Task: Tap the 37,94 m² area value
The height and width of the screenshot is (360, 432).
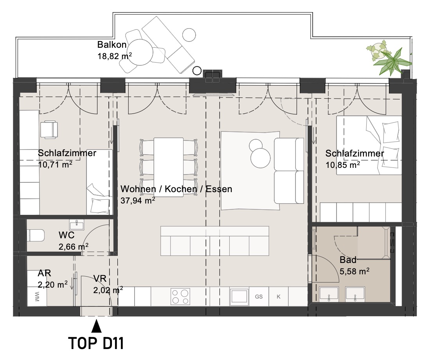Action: click(x=138, y=200)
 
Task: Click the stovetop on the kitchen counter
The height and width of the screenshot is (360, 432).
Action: click(x=180, y=296)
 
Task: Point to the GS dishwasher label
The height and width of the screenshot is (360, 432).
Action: click(x=259, y=297)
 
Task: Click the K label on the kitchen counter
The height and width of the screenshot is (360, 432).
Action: click(x=279, y=297)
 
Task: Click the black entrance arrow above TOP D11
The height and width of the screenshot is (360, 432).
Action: click(x=96, y=326)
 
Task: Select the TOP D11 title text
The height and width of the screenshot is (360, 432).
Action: click(x=96, y=343)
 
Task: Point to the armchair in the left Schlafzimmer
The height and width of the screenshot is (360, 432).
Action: click(x=49, y=129)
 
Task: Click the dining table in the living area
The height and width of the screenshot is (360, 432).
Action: click(x=169, y=167)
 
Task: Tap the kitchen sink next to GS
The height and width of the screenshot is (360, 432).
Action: click(x=239, y=296)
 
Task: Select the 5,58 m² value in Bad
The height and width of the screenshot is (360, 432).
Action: click(x=354, y=271)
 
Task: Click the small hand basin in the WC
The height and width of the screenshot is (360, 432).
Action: click(x=77, y=225)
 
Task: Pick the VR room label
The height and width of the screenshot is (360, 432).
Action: click(x=100, y=279)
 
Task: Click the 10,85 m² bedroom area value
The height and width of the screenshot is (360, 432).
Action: click(x=343, y=165)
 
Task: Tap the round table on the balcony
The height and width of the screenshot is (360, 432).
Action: click(x=140, y=52)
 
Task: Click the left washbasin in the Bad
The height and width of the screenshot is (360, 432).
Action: click(x=329, y=294)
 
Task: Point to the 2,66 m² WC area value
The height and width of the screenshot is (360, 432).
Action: click(x=73, y=246)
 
